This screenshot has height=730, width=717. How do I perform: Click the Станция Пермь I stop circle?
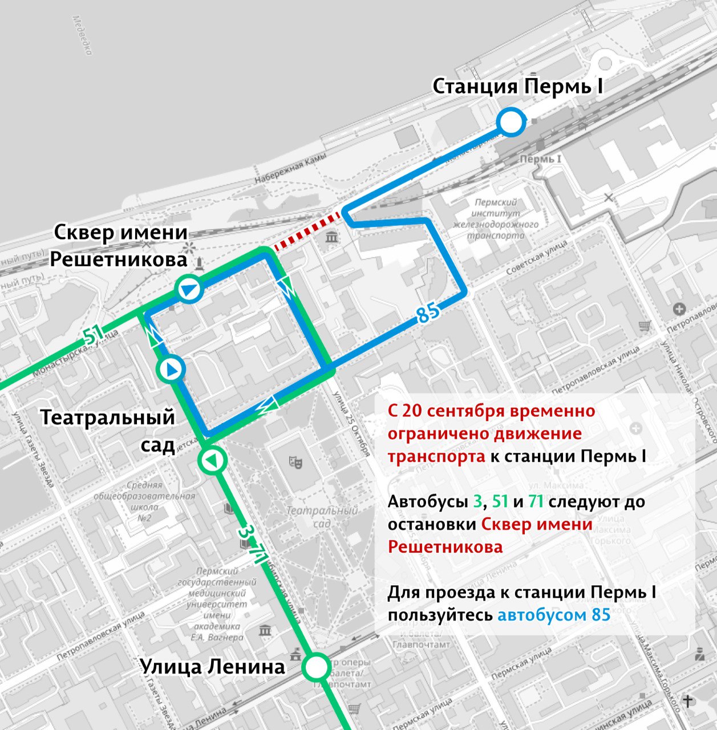pyautogui.click(x=511, y=122)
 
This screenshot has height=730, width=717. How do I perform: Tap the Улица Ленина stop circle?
pyautogui.click(x=315, y=667)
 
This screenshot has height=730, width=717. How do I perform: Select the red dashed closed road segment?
pyautogui.click(x=308, y=231)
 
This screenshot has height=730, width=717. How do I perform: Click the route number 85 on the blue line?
pyautogui.click(x=428, y=313)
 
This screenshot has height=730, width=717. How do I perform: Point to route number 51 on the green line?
pyautogui.click(x=93, y=336)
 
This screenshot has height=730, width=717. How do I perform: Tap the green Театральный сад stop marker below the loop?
pyautogui.click(x=212, y=460)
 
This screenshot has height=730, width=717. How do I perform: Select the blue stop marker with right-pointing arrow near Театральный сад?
pyautogui.click(x=171, y=370)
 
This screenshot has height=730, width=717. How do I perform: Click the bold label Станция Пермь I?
pyautogui.click(x=517, y=87)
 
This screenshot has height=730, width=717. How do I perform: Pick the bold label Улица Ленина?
pyautogui.click(x=212, y=666)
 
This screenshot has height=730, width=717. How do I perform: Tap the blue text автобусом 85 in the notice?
pyautogui.click(x=554, y=615)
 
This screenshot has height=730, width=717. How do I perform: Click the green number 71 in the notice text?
pyautogui.click(x=535, y=502)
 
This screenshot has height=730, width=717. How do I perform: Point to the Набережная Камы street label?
pyautogui.click(x=291, y=169)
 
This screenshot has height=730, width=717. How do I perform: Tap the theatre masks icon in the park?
pyautogui.click(x=295, y=461)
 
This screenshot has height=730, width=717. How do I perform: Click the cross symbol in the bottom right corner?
pyautogui.click(x=688, y=701)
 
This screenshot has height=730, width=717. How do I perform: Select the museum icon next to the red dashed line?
pyautogui.click(x=331, y=236)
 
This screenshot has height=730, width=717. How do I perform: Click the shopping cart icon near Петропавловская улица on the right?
pyautogui.click(x=645, y=326)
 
